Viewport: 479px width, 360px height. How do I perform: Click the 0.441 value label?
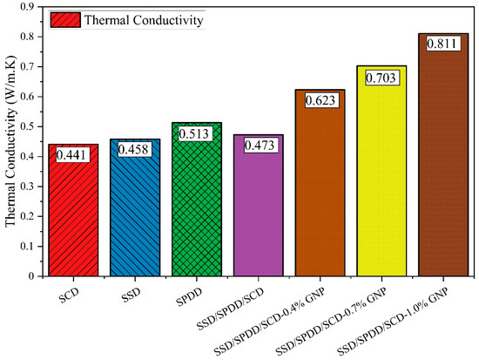coord(74,154)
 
